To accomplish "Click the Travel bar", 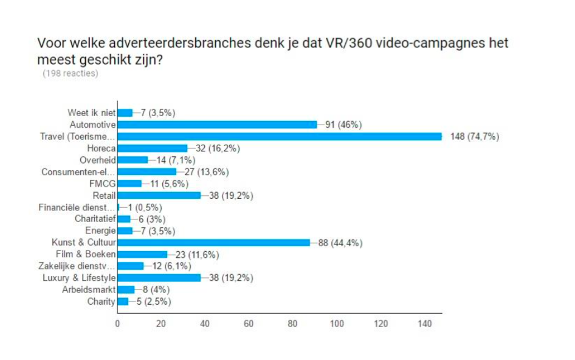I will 279,136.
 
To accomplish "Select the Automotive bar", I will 216,125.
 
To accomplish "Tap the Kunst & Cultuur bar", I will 213,243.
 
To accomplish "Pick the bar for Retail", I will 159,195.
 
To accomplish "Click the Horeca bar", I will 152,148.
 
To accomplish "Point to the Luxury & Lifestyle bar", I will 159,278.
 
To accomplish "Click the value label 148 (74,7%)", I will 474,137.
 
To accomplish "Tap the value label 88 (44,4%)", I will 341,243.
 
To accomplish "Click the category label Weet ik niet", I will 91,112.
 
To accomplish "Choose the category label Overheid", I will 97,160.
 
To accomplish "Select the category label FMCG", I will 102,184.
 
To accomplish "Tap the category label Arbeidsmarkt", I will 89,289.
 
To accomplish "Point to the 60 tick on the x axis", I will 249,324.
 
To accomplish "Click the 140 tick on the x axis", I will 424,324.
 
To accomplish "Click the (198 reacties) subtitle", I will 70,74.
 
